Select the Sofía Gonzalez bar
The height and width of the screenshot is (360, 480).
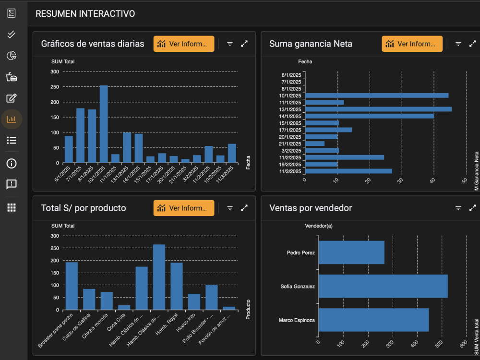tap(383, 286)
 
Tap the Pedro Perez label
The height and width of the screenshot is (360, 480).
tap(301, 252)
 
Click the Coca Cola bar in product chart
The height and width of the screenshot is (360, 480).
tap(124, 307)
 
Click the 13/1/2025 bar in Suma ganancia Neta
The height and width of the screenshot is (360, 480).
tap(378, 109)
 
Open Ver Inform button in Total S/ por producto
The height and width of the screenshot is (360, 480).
tap(184, 208)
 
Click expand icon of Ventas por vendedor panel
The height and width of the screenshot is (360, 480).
tap(472, 208)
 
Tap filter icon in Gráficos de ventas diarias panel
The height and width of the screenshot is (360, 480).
tap(230, 44)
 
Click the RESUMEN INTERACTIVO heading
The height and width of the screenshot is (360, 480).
tap(85, 14)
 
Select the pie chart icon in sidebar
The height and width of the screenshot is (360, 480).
tap(12, 56)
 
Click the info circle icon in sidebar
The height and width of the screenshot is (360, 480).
tap(12, 163)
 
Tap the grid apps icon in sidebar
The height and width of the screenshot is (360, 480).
tap(12, 207)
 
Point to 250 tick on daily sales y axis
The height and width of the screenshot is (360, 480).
tap(55, 87)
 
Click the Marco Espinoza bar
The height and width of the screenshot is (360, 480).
tap(373, 320)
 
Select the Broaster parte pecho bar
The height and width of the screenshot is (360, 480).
tap(72, 286)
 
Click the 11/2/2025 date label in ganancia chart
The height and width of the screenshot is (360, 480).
tap(291, 157)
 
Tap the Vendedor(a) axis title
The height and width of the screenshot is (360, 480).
tap(319, 226)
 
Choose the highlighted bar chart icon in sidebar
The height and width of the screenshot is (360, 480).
tap(12, 119)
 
